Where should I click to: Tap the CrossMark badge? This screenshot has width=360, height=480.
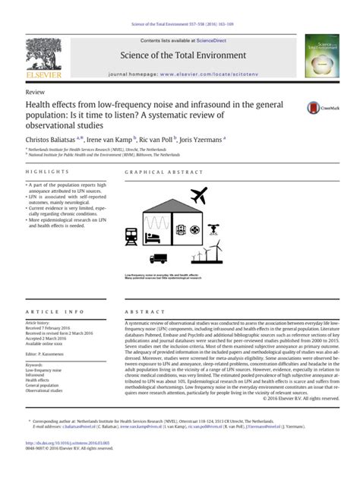click(316, 108)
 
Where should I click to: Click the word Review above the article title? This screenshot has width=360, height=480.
click(35, 90)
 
